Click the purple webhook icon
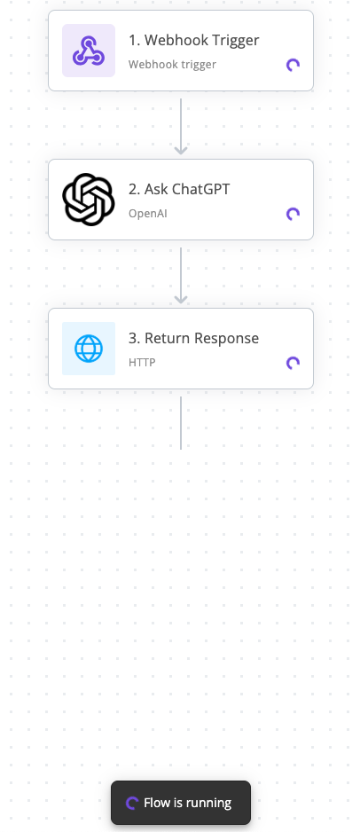89,51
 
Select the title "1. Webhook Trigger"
194,40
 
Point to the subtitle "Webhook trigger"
172,65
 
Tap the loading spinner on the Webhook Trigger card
293,65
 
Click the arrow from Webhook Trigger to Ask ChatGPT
181,126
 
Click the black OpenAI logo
89,200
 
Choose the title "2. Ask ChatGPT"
179,190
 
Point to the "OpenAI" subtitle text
148,214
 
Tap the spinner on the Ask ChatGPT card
293,214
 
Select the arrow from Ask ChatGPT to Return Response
181,275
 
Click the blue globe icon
89,349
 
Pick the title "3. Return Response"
194,339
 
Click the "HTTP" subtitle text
142,363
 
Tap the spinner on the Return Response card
293,363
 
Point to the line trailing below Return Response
181,423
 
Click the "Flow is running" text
188,803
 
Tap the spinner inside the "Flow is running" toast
131,803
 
